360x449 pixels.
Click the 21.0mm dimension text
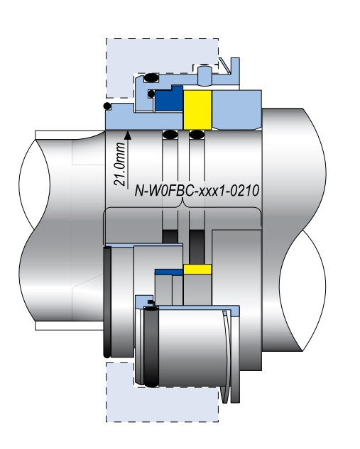(x=120, y=164)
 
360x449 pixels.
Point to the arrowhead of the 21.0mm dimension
(x=128, y=135)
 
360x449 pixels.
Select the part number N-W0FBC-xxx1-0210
(x=197, y=190)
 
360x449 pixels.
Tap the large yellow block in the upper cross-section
(x=197, y=110)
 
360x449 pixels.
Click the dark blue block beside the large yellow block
(x=168, y=99)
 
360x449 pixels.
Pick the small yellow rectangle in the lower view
(x=197, y=269)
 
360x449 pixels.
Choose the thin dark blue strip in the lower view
(x=169, y=272)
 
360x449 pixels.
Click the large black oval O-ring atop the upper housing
(x=151, y=77)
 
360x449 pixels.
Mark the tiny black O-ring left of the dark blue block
(x=151, y=94)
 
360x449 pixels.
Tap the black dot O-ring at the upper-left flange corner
(x=107, y=106)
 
